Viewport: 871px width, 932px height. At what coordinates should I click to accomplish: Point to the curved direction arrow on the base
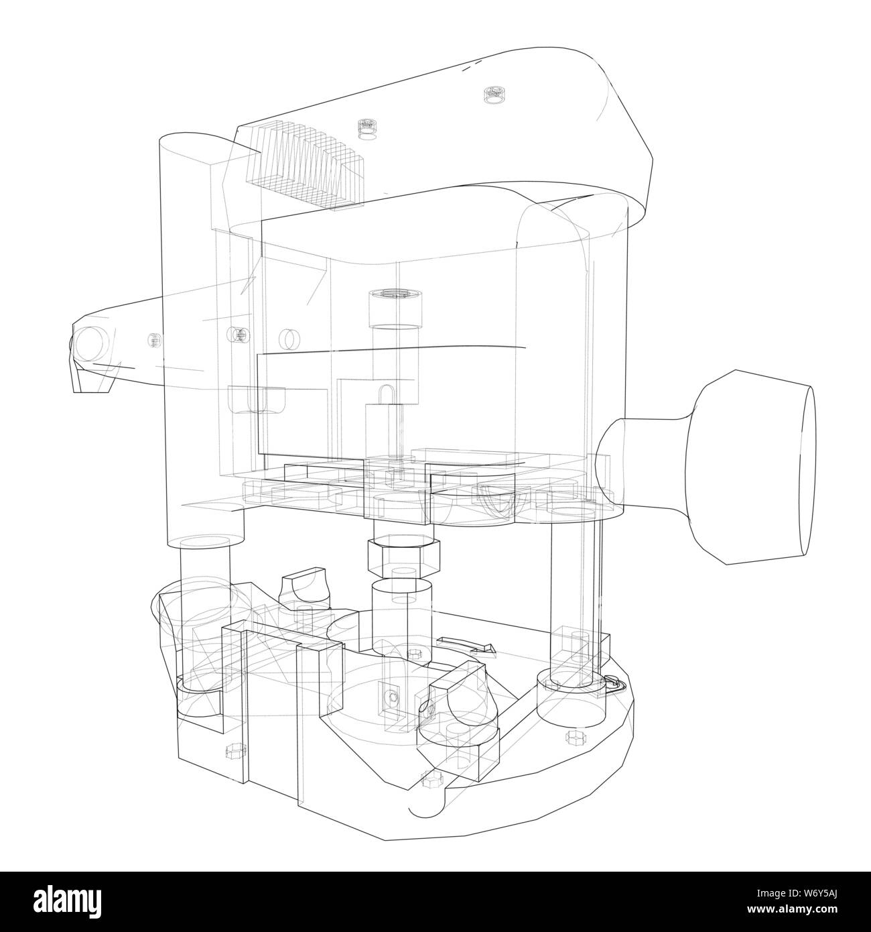point(467,645)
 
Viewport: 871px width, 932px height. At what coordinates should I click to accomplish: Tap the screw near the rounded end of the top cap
point(494,95)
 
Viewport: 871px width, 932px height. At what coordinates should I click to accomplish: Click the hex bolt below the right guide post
point(574,738)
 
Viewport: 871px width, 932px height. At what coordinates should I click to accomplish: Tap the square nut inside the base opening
point(389,697)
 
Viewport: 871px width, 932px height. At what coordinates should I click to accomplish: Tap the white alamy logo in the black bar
point(70,902)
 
